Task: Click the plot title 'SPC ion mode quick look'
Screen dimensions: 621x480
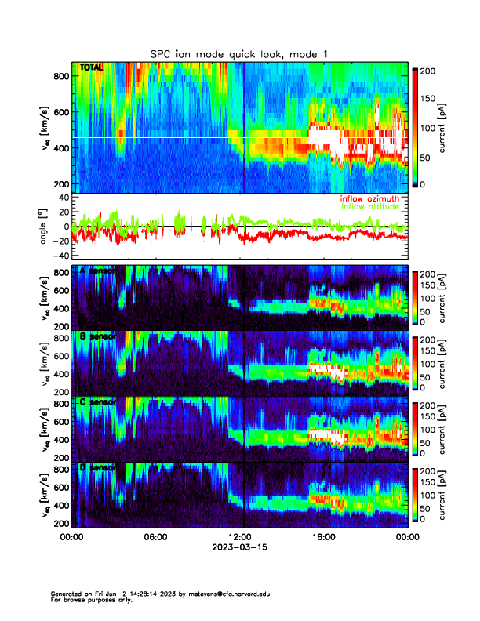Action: pyautogui.click(x=239, y=53)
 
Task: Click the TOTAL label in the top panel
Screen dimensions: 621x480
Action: pyautogui.click(x=91, y=68)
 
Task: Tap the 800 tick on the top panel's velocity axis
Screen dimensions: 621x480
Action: pyautogui.click(x=60, y=76)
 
